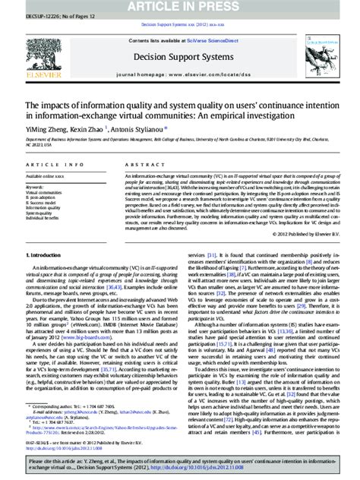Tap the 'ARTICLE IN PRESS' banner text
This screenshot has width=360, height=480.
pos(181,7)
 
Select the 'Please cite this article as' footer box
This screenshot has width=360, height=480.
pos(180,463)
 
